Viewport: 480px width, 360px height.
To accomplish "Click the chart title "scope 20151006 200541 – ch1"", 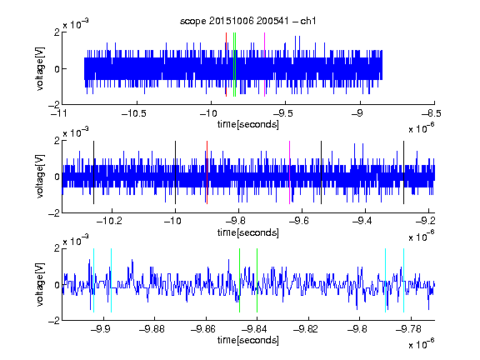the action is (247, 21).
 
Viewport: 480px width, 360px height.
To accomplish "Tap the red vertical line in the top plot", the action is (226, 64).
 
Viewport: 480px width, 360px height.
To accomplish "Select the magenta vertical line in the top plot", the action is (264, 64).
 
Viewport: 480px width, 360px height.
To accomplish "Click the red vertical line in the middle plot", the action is (207, 172).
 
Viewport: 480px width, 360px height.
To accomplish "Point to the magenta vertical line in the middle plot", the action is (290, 172).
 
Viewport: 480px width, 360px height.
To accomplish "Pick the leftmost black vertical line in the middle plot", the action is (93, 172).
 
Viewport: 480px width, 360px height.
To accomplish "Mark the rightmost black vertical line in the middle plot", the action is (403, 172).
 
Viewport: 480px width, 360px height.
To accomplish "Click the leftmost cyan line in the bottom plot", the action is (93, 280).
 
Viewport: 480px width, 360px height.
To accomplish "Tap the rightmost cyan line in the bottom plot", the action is (403, 280).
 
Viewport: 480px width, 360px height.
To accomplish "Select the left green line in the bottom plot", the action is (239, 280).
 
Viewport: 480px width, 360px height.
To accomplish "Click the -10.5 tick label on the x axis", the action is (134, 113).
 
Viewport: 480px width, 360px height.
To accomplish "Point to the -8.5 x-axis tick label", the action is (432, 113).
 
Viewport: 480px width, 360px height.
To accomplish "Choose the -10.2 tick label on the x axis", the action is (109, 221).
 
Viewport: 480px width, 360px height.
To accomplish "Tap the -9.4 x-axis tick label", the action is (362, 221).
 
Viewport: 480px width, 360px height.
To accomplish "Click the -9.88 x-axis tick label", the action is (152, 329).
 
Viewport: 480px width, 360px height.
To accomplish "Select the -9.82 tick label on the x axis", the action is (306, 329).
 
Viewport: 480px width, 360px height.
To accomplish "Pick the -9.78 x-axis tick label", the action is (408, 329).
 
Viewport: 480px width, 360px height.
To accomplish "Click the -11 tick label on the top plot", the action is (58, 113).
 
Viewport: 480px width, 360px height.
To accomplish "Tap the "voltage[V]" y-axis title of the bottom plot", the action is (40, 284).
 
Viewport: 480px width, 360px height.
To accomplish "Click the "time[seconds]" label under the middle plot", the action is (248, 232).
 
